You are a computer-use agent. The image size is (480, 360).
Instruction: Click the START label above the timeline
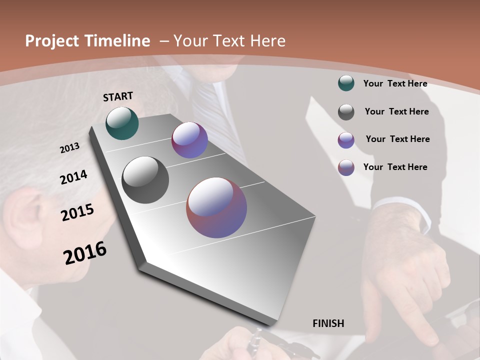coord(118,96)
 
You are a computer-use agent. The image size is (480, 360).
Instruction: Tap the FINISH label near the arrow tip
coord(328,323)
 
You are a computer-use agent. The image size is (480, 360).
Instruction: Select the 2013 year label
coord(69,148)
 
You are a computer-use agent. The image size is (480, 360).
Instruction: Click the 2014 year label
coord(73,177)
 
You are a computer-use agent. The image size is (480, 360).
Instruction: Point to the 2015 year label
coord(77,212)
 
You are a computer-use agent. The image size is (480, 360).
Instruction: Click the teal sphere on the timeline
coord(122,123)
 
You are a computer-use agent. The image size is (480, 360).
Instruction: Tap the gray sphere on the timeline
coord(145,180)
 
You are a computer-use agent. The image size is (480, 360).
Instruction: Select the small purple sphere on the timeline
coord(189,140)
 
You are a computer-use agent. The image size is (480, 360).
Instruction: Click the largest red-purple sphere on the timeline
coord(216,207)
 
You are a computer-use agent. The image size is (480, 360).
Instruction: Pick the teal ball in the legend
coord(346,83)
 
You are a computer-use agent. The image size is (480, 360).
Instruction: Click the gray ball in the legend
coord(346,112)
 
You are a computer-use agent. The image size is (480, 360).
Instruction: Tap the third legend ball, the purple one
coord(346,140)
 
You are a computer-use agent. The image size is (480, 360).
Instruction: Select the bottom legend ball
coord(346,167)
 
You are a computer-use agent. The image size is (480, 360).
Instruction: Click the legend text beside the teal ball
coord(395,83)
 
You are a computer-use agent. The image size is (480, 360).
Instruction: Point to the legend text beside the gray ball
coord(396,111)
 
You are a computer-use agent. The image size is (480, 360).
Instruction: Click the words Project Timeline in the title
coord(87,41)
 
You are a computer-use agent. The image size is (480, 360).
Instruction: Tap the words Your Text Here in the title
coord(229,41)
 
